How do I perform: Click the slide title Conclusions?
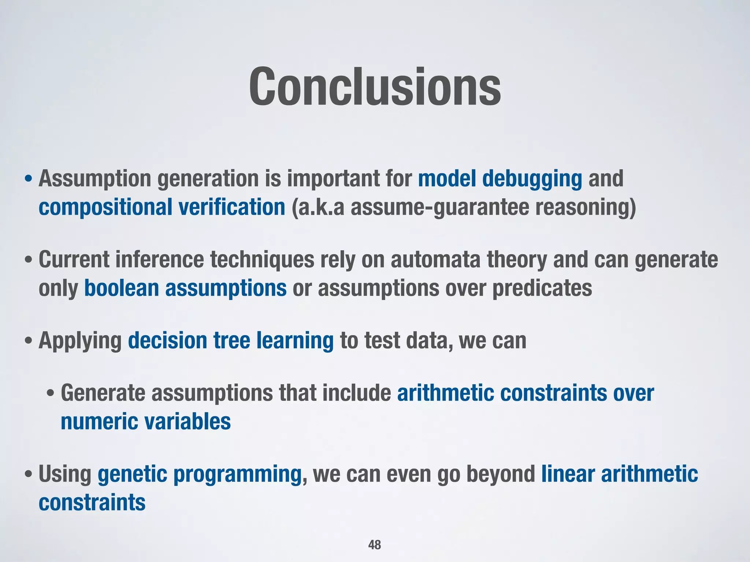[375, 87]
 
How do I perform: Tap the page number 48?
[374, 545]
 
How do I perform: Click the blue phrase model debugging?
[500, 179]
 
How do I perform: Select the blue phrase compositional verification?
[161, 207]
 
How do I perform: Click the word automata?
[435, 260]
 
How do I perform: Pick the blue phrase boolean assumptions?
[185, 288]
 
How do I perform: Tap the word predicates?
[542, 288]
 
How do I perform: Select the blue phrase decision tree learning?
[231, 341]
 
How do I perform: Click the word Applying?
[80, 341]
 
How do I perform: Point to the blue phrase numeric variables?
[145, 421]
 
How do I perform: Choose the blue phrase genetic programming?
[199, 474]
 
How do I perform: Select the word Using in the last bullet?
[64, 474]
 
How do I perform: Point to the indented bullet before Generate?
[51, 394]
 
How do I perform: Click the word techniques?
[262, 260]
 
